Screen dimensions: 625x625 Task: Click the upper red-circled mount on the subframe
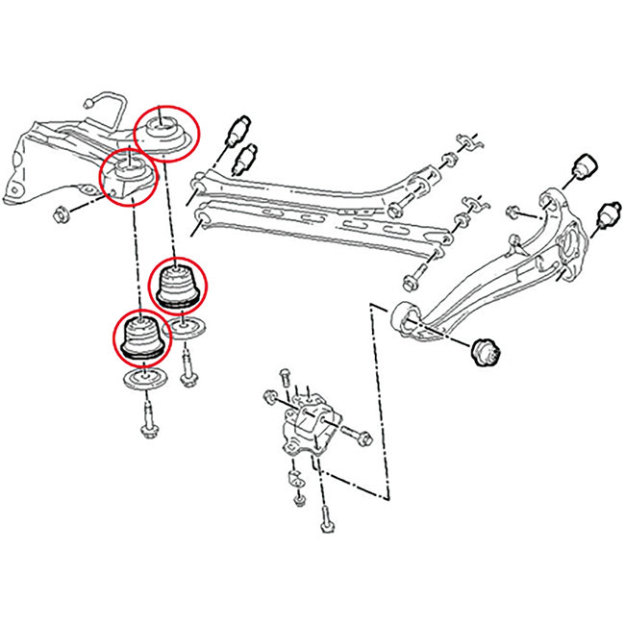pos(164,130)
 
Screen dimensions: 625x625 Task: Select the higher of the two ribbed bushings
pos(176,286)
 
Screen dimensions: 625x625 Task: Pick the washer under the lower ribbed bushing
pos(144,382)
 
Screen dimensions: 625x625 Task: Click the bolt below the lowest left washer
pos(149,423)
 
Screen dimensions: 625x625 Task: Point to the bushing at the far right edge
pos(607,216)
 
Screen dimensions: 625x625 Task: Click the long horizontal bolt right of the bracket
pos(353,435)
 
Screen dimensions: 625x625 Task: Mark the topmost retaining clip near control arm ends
pos(468,143)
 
